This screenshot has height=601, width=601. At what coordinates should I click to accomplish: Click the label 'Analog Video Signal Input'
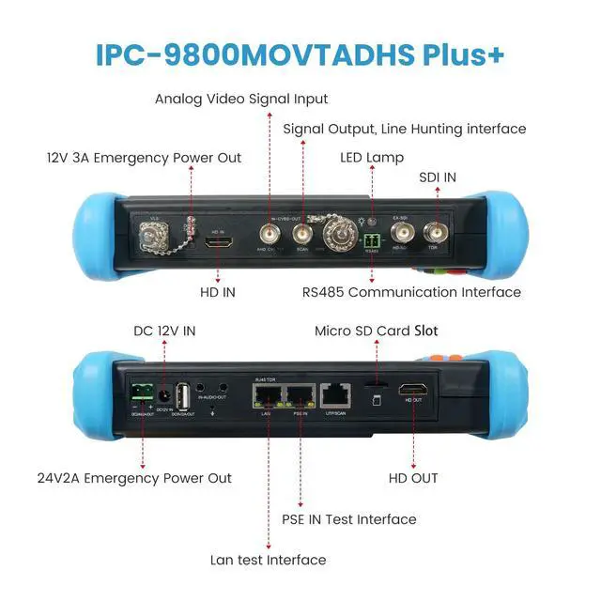tap(241, 99)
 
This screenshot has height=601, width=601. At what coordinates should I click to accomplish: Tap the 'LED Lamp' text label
tap(372, 158)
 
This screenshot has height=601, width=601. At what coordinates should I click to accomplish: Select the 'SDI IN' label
tap(438, 177)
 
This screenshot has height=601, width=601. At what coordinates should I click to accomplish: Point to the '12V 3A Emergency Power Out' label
tap(144, 158)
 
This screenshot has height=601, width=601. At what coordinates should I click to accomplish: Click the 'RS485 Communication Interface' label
tap(411, 292)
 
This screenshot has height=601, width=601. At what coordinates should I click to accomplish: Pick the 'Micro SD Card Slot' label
tap(376, 331)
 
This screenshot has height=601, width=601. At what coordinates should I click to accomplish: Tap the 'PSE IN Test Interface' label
tap(349, 518)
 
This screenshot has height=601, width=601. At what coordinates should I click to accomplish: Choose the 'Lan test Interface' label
tap(269, 560)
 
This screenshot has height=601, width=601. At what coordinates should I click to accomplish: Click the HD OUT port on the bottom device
tap(413, 390)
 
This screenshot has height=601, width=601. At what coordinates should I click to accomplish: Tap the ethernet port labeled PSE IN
tap(300, 396)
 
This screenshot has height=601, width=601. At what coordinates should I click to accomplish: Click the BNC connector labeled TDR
tap(434, 231)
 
